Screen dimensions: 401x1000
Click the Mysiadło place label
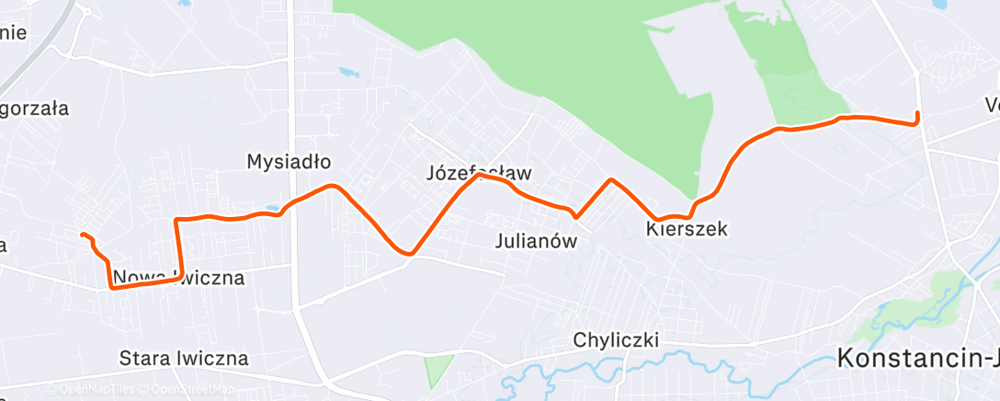pyautogui.click(x=289, y=162)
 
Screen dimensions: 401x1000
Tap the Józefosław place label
pyautogui.click(x=479, y=172)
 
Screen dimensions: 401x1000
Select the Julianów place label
pyautogui.click(x=535, y=243)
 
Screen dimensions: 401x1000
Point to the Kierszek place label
pyautogui.click(x=687, y=229)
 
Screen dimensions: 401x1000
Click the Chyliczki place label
pyautogui.click(x=616, y=340)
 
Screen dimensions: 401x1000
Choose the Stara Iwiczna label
pyautogui.click(x=184, y=358)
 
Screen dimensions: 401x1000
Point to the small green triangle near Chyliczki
pyautogui.click(x=439, y=371)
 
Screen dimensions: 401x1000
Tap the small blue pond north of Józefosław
pyautogui.click(x=348, y=71)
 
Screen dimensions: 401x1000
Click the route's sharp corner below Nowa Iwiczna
pyautogui.click(x=112, y=288)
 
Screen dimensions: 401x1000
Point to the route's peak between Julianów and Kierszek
pyautogui.click(x=610, y=179)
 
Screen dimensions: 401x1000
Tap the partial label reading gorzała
pyautogui.click(x=35, y=109)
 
